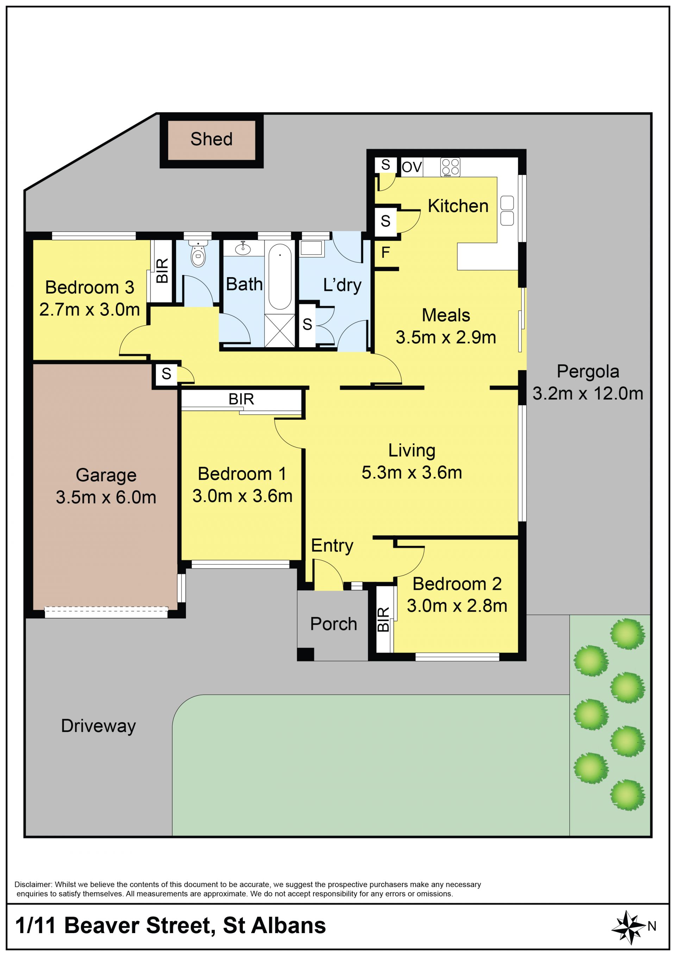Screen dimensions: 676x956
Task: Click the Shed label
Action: pos(212,139)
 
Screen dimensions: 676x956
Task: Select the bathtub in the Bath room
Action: pos(280,276)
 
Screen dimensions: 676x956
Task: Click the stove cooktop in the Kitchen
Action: pos(450,167)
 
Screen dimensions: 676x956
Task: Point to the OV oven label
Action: pos(412,167)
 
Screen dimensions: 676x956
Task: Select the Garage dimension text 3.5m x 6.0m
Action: pos(106,497)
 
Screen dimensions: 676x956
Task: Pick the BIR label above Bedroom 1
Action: pos(242,399)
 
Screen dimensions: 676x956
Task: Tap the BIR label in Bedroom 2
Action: pos(383,619)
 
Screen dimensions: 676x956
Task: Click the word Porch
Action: pos(333,624)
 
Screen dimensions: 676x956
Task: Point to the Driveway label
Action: pos(98,726)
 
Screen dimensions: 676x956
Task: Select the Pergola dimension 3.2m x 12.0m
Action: pos(588,393)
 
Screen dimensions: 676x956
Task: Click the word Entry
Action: pos(332,545)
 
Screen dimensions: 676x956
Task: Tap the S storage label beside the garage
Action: pos(167,374)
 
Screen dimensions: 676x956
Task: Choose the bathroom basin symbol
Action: pos(243,249)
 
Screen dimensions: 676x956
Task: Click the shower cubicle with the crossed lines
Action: pos(279,331)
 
